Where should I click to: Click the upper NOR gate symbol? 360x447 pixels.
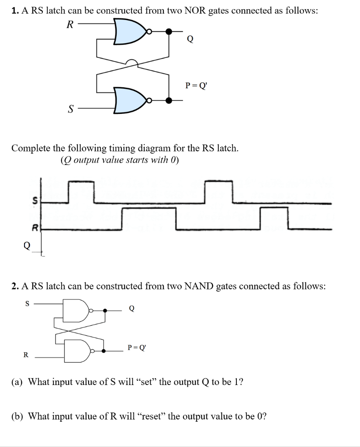pyautogui.click(x=130, y=32)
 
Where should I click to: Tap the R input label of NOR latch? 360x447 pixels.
pyautogui.click(x=69, y=25)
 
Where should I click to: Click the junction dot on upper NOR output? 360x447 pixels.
pyautogui.click(x=169, y=31)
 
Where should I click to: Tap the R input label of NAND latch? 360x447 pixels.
pyautogui.click(x=25, y=355)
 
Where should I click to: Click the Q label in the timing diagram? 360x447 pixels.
pyautogui.click(x=27, y=246)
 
